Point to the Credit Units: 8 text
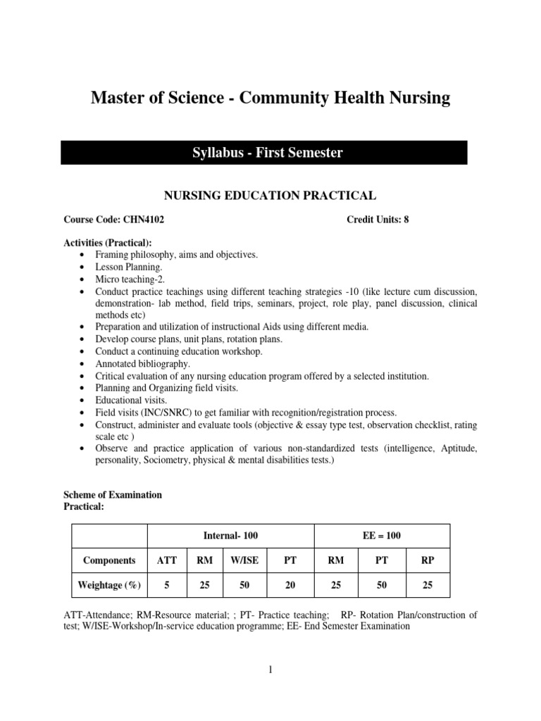378,220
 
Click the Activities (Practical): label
108,243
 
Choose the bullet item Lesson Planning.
129,268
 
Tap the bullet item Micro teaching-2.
130,280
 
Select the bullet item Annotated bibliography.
143,364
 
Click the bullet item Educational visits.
131,400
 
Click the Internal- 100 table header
230,536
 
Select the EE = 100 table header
381,536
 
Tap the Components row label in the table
109,560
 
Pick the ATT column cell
166,560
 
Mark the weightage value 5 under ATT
166,585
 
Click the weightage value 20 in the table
290,585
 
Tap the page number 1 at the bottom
270,670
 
